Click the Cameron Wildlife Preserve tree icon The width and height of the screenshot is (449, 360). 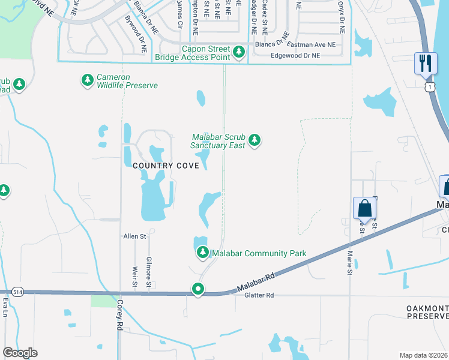click(88, 79)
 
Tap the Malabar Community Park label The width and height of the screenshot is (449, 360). click(259, 253)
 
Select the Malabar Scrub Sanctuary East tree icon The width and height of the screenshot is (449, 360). click(255, 140)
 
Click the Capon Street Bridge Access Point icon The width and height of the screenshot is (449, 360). click(240, 52)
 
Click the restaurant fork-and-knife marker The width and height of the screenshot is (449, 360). click(426, 63)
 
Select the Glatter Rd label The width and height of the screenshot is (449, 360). click(259, 295)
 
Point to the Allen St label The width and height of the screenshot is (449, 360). click(135, 237)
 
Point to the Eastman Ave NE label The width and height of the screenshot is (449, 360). click(312, 44)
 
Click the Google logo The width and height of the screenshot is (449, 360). click(20, 353)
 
